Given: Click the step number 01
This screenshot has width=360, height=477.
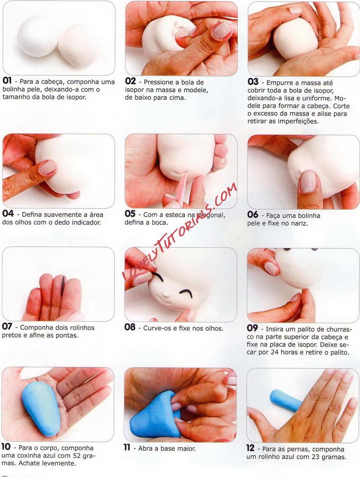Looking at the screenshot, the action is (x=7, y=81).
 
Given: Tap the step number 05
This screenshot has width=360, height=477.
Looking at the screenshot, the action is (x=130, y=214).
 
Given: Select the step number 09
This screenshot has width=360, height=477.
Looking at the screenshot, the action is (x=252, y=328).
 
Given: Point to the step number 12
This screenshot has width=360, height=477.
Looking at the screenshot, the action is (x=250, y=448).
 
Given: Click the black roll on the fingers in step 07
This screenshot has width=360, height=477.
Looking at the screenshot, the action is (x=63, y=286).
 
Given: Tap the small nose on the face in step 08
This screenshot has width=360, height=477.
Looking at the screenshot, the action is (x=166, y=295).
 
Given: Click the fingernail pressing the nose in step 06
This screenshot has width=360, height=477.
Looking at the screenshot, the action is (x=308, y=181).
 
